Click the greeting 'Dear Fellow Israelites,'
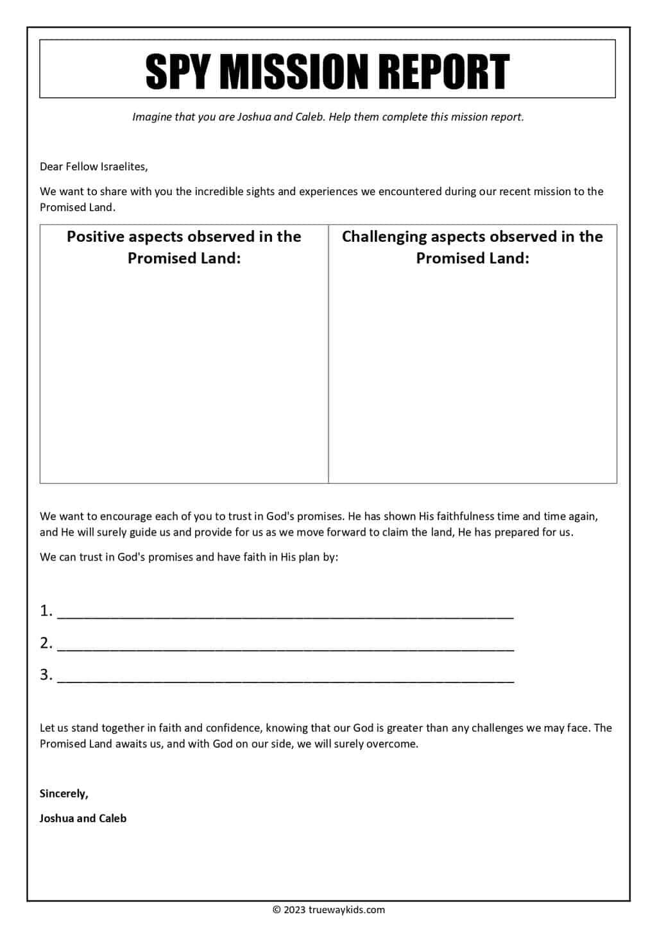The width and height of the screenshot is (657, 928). [94, 167]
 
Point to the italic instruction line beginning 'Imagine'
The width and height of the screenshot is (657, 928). [328, 117]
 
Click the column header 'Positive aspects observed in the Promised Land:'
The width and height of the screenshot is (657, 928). [184, 247]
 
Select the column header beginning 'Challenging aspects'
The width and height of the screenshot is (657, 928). [472, 247]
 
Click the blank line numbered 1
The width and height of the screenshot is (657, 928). [286, 612]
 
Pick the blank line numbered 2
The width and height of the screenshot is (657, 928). [286, 645]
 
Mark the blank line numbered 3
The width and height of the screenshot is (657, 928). [286, 676]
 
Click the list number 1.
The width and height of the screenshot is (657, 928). [45, 611]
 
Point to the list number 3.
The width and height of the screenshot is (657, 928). [45, 674]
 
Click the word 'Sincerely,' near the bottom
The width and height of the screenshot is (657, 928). [64, 794]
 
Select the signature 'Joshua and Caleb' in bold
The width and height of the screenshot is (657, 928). [83, 818]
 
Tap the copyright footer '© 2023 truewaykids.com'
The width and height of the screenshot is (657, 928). [328, 909]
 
